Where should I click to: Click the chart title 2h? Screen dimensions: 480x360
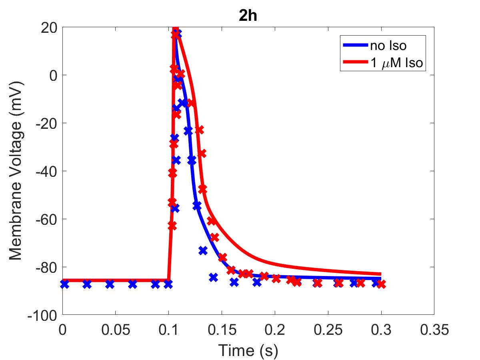tap(248, 16)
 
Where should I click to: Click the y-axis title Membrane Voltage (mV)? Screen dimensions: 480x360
tap(16, 171)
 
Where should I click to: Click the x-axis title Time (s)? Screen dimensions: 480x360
tap(248, 350)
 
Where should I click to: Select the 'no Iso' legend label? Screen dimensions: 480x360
tap(388, 46)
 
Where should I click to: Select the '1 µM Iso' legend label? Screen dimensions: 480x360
tap(397, 63)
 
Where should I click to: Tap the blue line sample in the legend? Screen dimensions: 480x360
tap(356, 45)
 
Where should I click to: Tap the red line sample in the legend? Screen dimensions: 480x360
tap(356, 62)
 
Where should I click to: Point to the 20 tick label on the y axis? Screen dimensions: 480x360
tap(49, 28)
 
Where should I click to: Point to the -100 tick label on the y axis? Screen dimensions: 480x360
tap(42, 316)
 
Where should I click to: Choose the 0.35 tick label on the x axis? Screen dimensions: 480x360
tap(434, 329)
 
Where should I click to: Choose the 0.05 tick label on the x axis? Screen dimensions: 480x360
tap(116, 329)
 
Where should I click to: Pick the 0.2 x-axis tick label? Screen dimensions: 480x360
tap(275, 329)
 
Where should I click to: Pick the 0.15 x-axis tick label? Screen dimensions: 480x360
tap(222, 329)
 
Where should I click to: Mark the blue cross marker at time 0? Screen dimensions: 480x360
tap(64, 284)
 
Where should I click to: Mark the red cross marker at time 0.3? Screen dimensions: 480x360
tap(381, 284)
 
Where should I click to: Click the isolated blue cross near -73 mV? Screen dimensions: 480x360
tap(203, 250)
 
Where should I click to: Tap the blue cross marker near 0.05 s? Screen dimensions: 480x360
tap(110, 284)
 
